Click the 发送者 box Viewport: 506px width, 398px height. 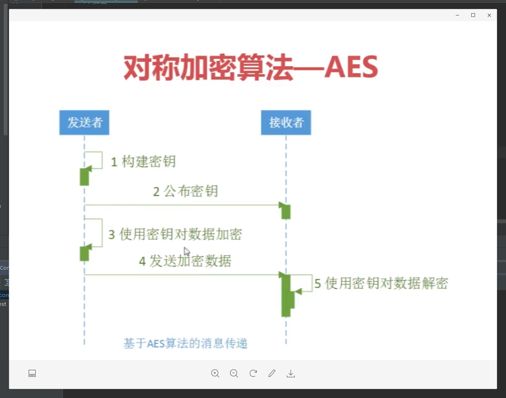84,123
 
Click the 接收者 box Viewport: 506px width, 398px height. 286,123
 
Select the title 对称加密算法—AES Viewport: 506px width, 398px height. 251,68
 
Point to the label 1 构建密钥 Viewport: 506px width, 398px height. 143,162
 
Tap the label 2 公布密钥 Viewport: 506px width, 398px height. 185,191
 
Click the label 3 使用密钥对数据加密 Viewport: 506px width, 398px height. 175,234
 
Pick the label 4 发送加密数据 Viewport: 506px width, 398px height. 185,261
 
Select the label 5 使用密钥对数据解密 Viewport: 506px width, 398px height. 381,283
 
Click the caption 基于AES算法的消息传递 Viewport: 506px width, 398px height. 185,343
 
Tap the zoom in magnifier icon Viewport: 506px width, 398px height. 215,374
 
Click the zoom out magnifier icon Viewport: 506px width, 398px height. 234,374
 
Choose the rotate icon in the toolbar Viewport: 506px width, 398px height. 253,374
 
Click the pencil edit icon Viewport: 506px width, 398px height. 272,374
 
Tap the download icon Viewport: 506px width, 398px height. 291,374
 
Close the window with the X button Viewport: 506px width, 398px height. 489,15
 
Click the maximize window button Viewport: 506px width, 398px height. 473,15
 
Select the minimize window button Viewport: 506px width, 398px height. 457,15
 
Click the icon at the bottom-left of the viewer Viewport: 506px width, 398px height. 32,374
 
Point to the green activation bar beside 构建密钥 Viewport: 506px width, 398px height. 84,177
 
